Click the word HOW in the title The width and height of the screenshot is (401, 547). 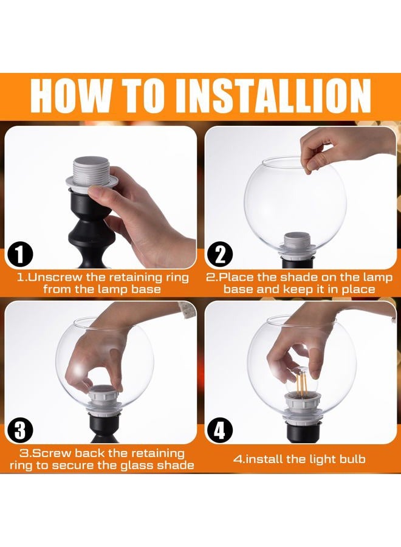click(x=69, y=95)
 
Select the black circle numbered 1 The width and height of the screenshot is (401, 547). click(x=20, y=254)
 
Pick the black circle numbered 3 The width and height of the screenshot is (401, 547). click(x=20, y=430)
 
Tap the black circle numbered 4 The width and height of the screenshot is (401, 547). click(x=219, y=430)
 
